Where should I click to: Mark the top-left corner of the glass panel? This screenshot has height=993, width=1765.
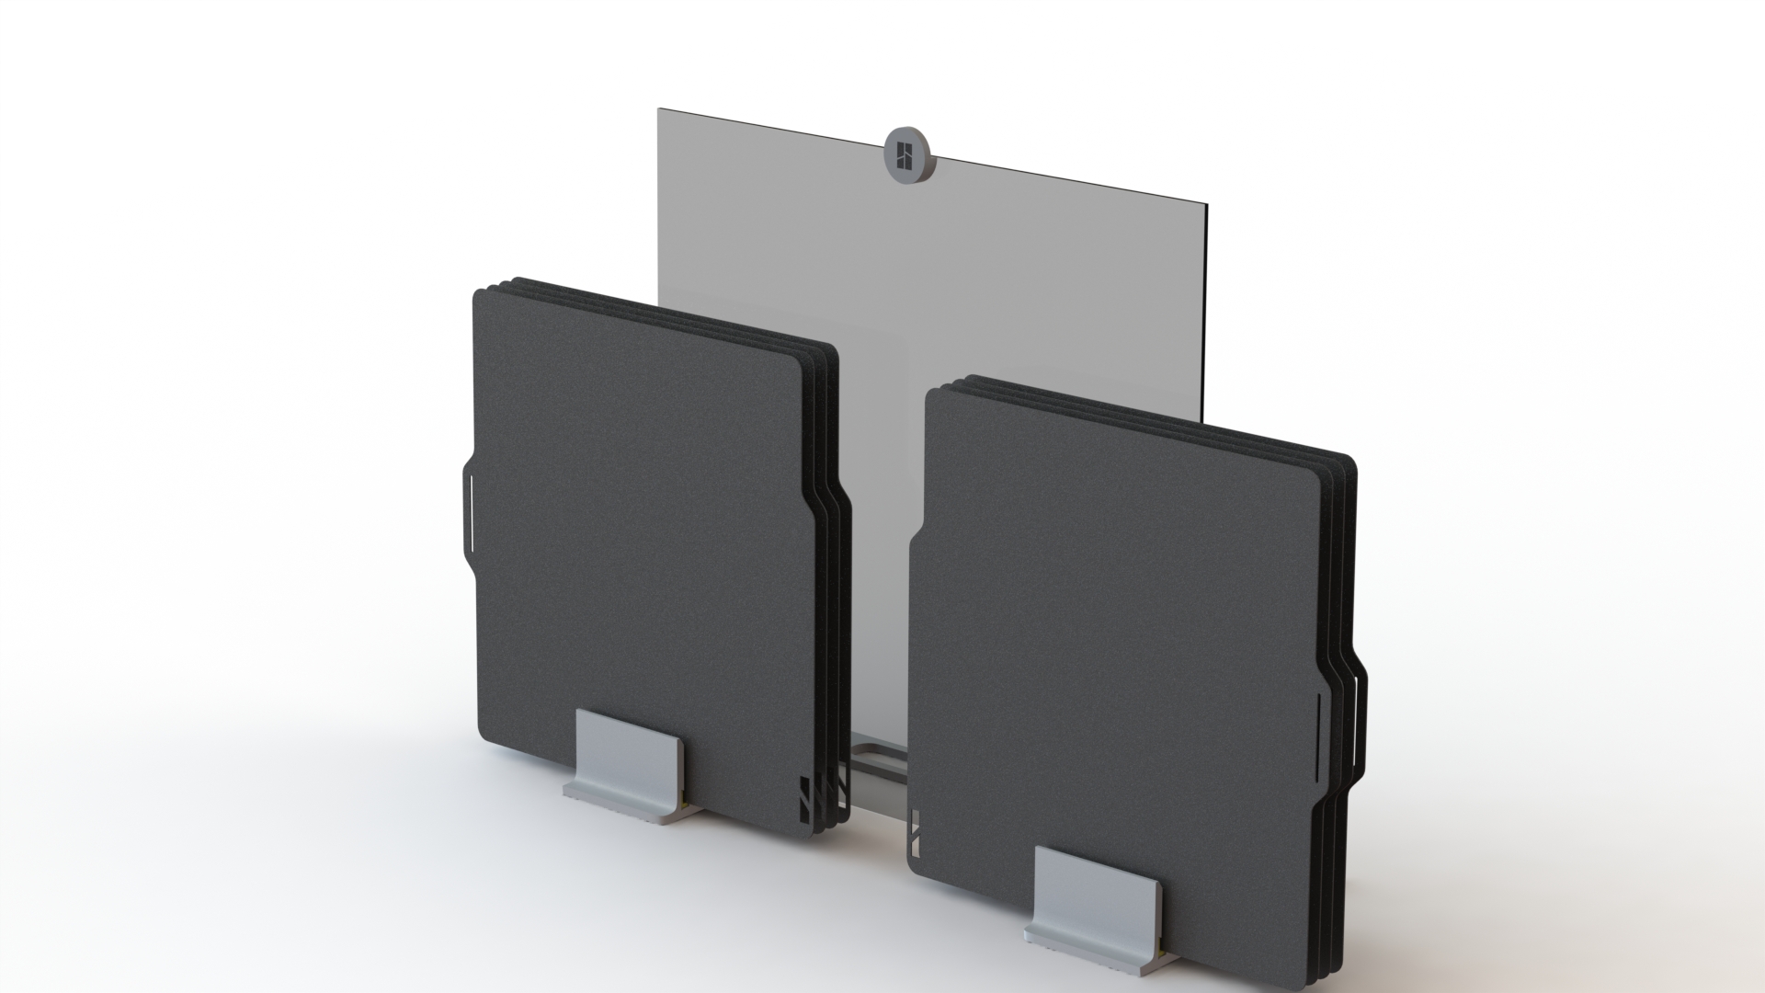tap(659, 110)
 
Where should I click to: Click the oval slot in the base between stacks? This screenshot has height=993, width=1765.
tap(882, 761)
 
